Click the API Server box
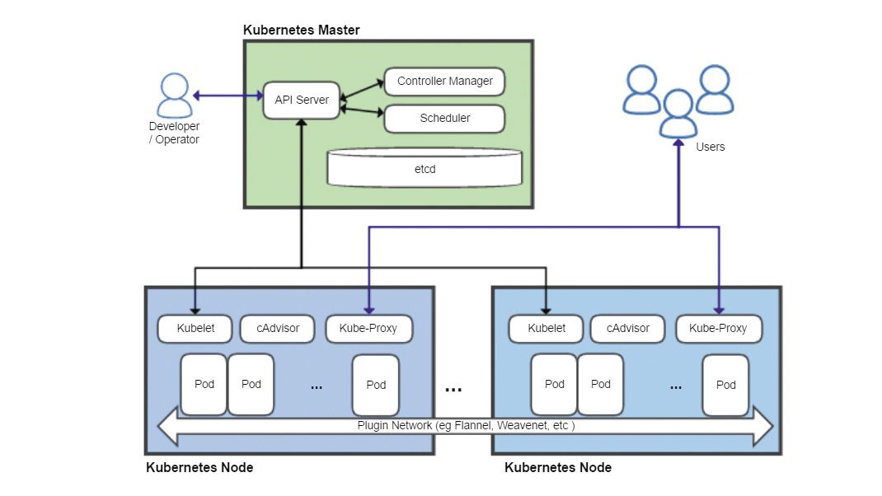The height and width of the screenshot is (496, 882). pos(302,100)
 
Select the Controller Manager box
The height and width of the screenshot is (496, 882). pos(444,82)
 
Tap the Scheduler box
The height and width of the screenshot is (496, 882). pos(444,118)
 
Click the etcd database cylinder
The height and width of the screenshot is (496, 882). pos(425,168)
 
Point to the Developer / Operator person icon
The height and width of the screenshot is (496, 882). pos(174,96)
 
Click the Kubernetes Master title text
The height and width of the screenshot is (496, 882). pos(301,30)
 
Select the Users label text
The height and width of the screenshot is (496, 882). pos(710,147)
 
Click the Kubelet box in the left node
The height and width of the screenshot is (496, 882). pos(195,328)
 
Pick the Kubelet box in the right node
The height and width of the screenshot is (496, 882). pos(547,328)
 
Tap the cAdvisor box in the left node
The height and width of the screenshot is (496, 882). pos(278,328)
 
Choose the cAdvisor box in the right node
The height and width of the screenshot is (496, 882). pos(628,328)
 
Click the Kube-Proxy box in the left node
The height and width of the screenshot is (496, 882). pos(368,328)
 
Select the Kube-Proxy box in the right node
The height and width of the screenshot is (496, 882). pos(719,328)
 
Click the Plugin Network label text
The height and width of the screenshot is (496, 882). pos(466,426)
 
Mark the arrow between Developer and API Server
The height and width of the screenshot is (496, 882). pos(227,96)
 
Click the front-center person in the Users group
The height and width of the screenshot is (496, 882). pos(678,115)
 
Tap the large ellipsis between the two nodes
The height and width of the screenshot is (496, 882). pos(453,388)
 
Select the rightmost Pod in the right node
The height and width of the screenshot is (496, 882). pos(725,385)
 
